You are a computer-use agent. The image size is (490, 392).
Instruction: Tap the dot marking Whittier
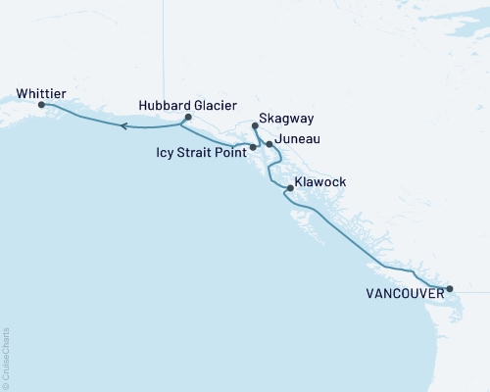tap(41, 104)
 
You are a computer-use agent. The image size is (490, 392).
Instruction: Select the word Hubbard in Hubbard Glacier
tap(163, 105)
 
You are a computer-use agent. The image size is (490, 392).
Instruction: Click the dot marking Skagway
tap(255, 125)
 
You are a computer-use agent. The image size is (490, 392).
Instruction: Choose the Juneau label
tap(299, 143)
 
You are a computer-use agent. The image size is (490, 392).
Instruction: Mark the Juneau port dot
tap(269, 144)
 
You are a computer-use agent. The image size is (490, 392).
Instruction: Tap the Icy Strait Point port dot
tap(253, 147)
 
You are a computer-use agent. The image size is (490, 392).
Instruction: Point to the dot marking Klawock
tap(288, 186)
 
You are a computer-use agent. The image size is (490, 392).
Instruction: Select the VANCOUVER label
tap(402, 292)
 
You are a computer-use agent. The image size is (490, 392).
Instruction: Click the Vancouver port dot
tap(449, 288)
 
